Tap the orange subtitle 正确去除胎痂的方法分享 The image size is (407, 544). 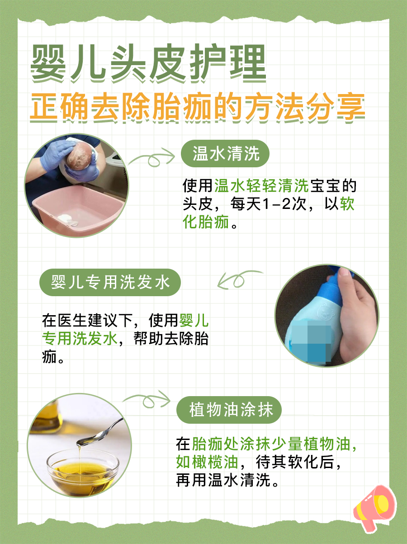point(197,107)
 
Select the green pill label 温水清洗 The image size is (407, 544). point(225,154)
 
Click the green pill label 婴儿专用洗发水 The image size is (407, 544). point(110,283)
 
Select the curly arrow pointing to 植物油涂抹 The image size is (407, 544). point(147,400)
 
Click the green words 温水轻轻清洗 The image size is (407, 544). point(261,185)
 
